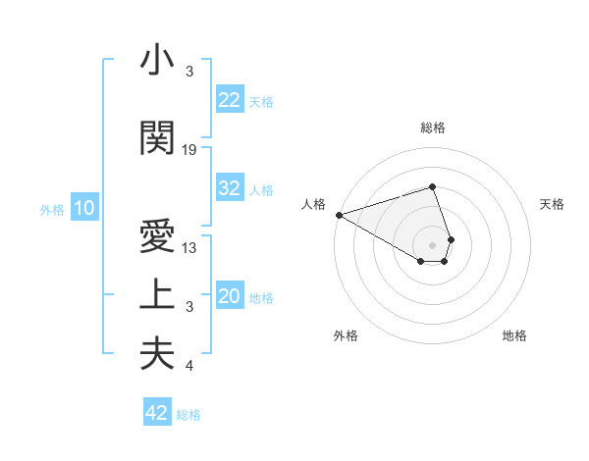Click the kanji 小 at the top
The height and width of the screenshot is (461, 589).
pyautogui.click(x=157, y=61)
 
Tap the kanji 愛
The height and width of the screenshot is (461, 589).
pyautogui.click(x=157, y=237)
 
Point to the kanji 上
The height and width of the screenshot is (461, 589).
pyautogui.click(x=157, y=295)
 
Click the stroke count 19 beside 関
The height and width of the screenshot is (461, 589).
pyautogui.click(x=189, y=150)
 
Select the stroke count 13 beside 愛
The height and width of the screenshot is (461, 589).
pyautogui.click(x=189, y=248)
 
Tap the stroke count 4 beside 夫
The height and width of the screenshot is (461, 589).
pyautogui.click(x=189, y=366)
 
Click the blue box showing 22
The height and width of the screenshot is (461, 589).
pyautogui.click(x=230, y=99)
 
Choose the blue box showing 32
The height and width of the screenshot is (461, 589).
pyautogui.click(x=230, y=188)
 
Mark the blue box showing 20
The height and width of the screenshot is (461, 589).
pyautogui.click(x=230, y=296)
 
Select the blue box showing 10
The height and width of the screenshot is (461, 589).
pyautogui.click(x=83, y=208)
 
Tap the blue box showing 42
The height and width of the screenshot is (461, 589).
pyautogui.click(x=157, y=413)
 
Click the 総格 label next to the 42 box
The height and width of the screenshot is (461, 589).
pyautogui.click(x=188, y=415)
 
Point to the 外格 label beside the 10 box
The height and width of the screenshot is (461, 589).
pyautogui.click(x=52, y=209)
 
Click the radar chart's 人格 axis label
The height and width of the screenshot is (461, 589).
pyautogui.click(x=314, y=204)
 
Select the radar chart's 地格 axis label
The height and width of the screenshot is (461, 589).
pyautogui.click(x=514, y=335)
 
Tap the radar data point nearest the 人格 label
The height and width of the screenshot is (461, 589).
pyautogui.click(x=339, y=215)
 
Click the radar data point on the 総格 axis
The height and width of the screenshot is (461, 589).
pyautogui.click(x=432, y=186)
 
